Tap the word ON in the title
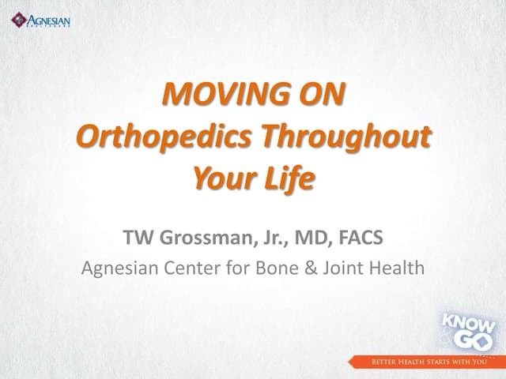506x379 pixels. [x=317, y=97]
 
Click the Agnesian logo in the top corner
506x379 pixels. [x=42, y=20]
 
